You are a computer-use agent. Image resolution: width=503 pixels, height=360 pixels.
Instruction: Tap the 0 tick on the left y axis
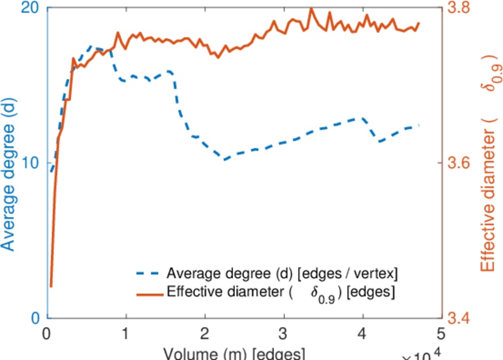pyautogui.click(x=34, y=318)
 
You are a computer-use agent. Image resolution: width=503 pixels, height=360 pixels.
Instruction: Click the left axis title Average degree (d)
pyautogui.click(x=10, y=174)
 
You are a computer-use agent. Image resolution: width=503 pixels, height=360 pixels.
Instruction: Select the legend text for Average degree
pyautogui.click(x=282, y=274)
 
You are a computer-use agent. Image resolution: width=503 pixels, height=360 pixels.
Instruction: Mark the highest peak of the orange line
pyautogui.click(x=311, y=8)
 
